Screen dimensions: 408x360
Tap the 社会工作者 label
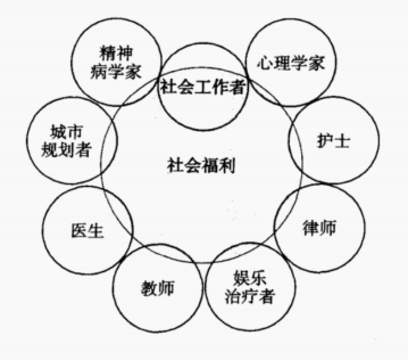[203, 88]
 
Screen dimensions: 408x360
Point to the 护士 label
[334, 141]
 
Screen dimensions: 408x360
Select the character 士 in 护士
[343, 141]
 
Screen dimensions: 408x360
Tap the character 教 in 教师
[149, 288]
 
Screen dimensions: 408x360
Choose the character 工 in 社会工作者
[203, 88]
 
